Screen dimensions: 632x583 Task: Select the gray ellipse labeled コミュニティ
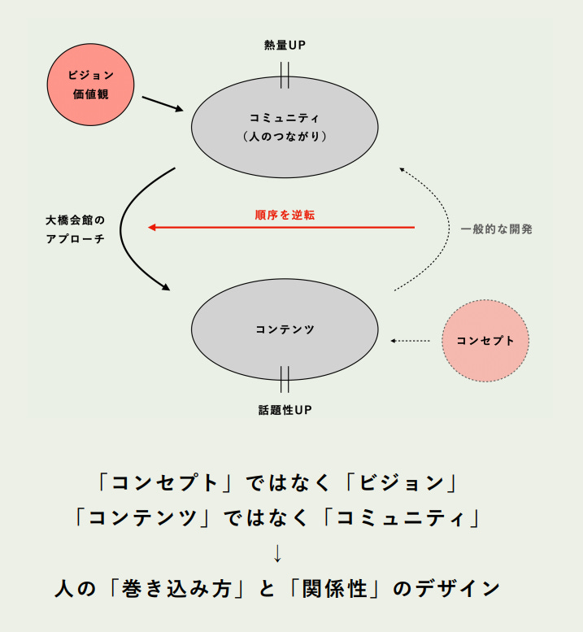pos(285,127)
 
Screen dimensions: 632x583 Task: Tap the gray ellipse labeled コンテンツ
pos(285,329)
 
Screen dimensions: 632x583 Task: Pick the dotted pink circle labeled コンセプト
pos(485,340)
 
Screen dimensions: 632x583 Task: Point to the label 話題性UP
pos(285,410)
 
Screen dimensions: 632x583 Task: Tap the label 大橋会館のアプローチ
pos(76,230)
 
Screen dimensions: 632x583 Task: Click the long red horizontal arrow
pos(281,228)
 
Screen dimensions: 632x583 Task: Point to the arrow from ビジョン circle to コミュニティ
pos(163,104)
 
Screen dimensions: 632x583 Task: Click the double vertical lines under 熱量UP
pos(285,75)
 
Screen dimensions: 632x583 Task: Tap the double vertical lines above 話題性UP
pos(285,380)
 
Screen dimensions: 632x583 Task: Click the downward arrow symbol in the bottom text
pos(278,553)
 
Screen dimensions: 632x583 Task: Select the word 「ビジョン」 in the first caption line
pos(401,482)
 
